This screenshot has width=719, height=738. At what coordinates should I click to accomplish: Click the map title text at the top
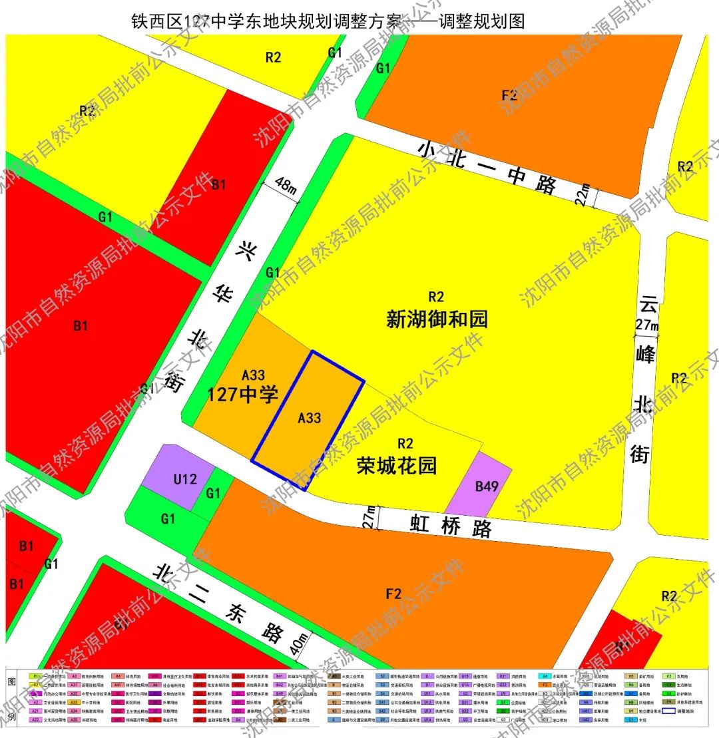[x=329, y=21]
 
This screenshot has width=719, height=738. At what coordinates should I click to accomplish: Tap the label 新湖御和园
[x=437, y=319]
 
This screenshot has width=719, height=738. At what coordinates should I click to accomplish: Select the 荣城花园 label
[x=397, y=464]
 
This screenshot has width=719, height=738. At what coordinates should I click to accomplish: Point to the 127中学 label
[x=242, y=395]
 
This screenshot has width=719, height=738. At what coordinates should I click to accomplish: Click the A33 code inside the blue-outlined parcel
[x=310, y=418]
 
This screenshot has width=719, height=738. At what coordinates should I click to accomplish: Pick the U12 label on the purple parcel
[x=185, y=478]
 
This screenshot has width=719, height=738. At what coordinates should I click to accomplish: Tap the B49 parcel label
[x=487, y=486]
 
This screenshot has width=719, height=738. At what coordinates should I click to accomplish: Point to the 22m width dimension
[x=584, y=197]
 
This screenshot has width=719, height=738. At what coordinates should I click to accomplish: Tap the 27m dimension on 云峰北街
[x=647, y=325]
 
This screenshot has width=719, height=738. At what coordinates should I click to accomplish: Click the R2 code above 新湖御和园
[x=436, y=297]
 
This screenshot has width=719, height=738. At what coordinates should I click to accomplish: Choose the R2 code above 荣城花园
[x=405, y=443]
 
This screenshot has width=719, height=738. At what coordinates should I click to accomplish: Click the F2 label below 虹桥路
[x=393, y=594]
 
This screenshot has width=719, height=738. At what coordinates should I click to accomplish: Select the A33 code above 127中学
[x=253, y=375]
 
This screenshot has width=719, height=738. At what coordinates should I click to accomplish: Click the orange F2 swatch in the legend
[x=545, y=684]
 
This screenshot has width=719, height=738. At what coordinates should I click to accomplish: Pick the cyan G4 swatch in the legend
[x=545, y=675]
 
